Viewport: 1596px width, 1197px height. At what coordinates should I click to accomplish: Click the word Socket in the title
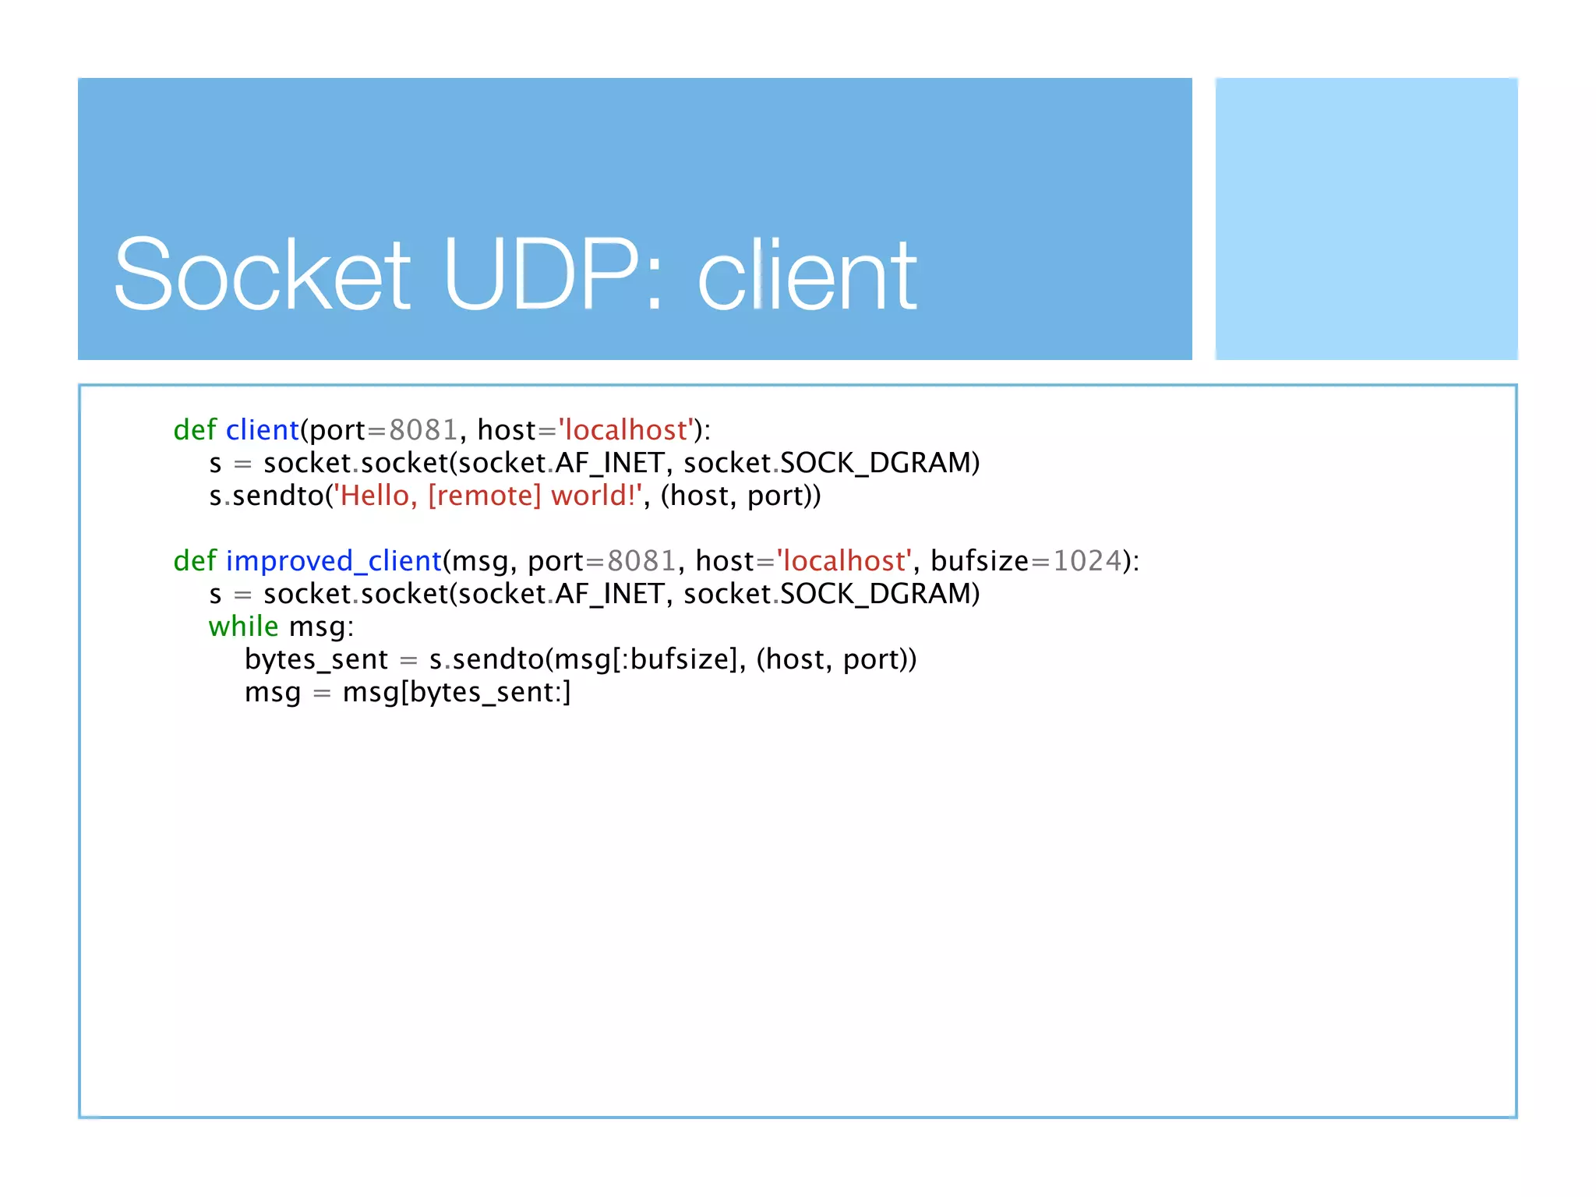coord(262,275)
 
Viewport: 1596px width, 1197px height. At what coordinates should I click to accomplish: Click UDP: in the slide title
coord(553,275)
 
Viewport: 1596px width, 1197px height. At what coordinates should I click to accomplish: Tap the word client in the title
coord(807,275)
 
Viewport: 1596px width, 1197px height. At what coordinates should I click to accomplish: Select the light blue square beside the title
coord(1366,218)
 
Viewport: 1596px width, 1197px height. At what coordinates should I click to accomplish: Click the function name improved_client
coord(334,561)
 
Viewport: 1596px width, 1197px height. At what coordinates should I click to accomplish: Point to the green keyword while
coord(243,627)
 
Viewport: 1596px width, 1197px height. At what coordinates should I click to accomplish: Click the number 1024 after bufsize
coord(1087,561)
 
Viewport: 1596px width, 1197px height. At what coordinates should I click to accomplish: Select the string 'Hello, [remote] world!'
coord(488,496)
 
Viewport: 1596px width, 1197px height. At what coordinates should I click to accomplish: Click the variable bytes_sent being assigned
coord(316,660)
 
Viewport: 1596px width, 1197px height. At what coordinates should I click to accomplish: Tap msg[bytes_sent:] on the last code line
coord(457,693)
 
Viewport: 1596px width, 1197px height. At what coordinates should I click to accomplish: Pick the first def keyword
coord(195,430)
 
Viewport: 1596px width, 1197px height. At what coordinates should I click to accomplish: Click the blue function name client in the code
coord(263,430)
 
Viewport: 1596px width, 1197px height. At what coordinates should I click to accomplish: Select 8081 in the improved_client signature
coord(641,561)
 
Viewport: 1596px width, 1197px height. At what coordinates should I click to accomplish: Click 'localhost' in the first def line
coord(626,430)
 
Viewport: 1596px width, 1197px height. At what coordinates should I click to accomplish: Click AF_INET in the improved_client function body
coord(609,594)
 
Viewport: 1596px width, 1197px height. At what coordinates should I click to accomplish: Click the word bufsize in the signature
coord(980,561)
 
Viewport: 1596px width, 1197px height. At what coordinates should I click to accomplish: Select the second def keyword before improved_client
coord(195,561)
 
